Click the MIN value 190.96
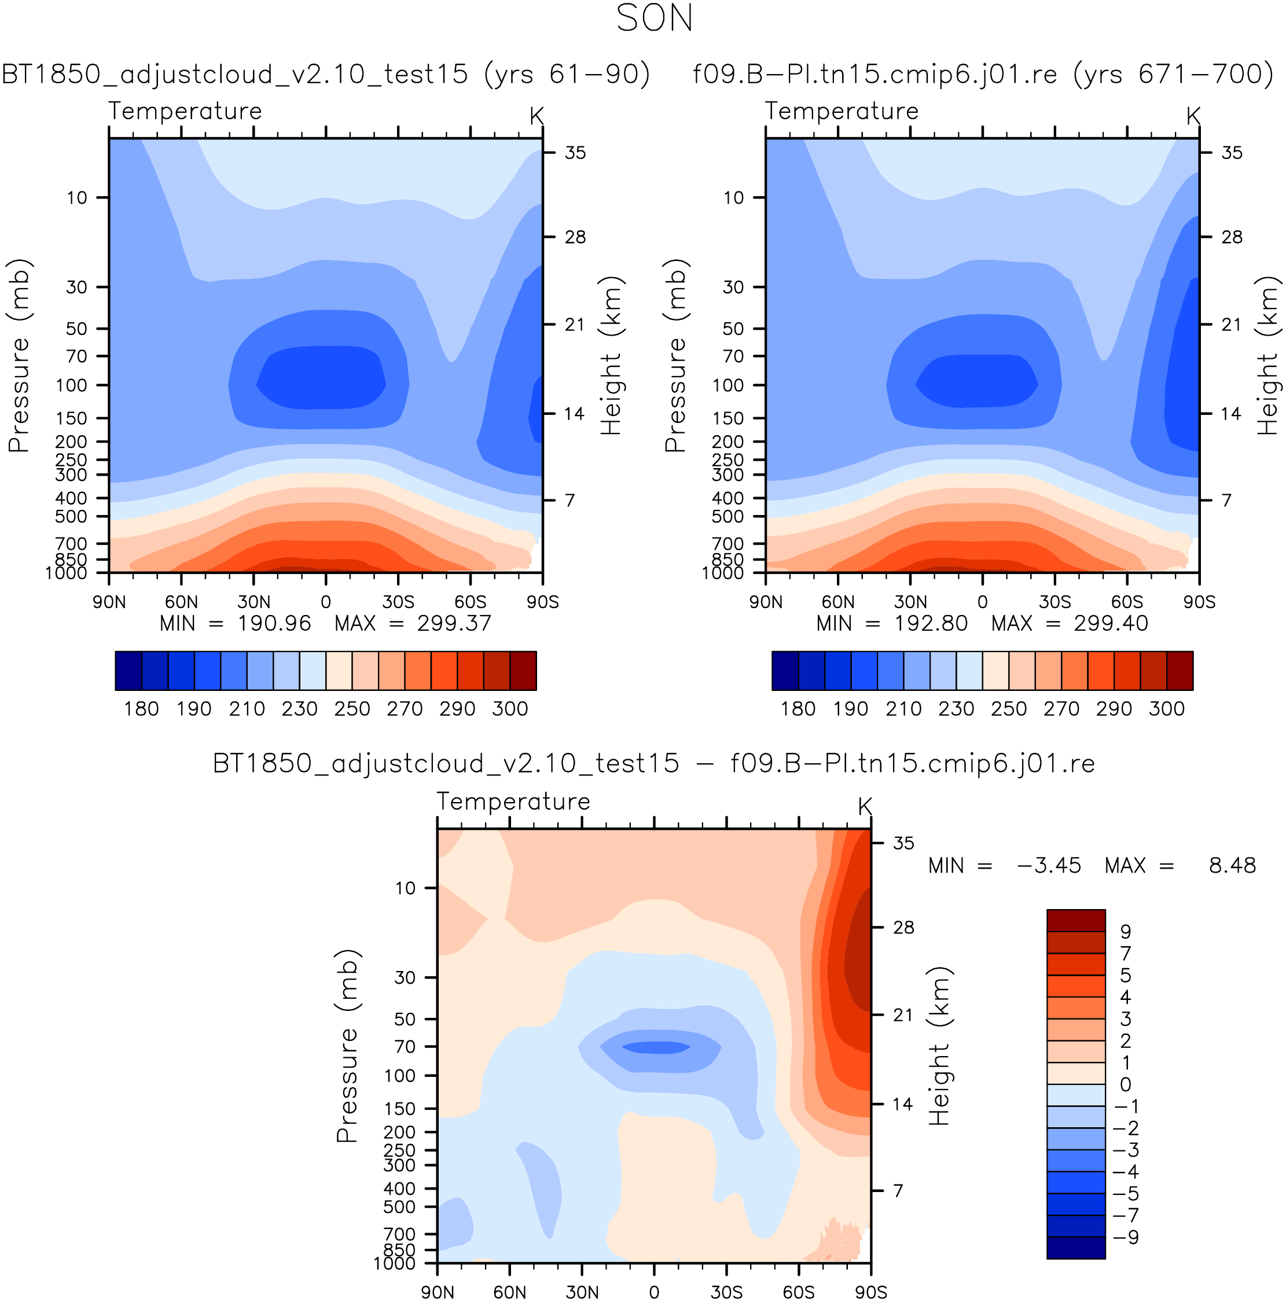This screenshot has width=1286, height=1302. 274,623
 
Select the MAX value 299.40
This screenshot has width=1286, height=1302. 1111,623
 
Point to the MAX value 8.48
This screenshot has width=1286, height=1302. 1232,865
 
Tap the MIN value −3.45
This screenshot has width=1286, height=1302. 1049,865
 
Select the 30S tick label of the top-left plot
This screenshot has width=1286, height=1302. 398,602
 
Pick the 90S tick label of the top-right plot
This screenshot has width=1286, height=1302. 1199,602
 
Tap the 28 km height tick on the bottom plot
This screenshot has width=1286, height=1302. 904,927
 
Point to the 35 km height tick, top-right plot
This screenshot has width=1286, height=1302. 1232,153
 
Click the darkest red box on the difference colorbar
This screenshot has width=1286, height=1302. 1076,921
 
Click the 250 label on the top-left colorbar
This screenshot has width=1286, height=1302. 352,709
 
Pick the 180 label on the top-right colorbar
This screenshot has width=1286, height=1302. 798,709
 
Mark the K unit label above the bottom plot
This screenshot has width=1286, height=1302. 865,806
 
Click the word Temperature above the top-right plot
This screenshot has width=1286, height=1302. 841,111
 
